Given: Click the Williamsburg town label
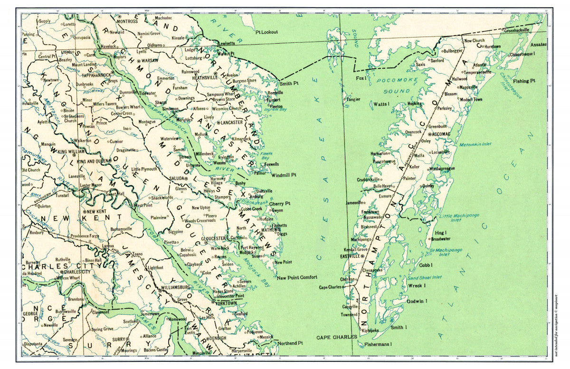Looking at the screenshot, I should coord(176,287).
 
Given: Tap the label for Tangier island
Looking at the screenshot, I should coord(352,100).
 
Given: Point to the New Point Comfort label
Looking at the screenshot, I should coord(297,277).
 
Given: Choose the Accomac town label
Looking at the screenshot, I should coord(441,134).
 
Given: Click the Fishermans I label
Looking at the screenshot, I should coord(378,344).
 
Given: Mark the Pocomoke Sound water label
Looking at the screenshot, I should coord(396,85).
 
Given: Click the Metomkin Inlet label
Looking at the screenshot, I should coord(475,144).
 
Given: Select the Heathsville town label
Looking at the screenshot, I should coord(205,77).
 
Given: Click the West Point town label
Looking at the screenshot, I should coord(143,205).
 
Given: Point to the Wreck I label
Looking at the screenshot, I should coord(417,285).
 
